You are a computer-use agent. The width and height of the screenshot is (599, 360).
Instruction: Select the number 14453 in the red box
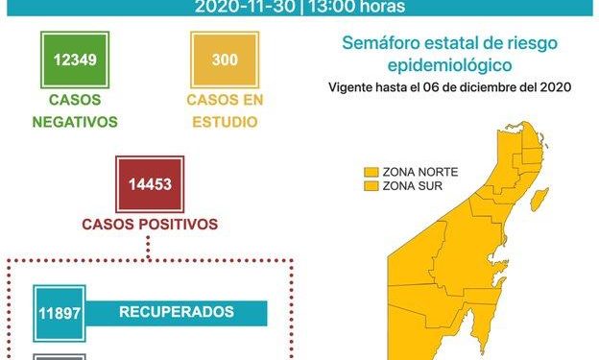click(x=149, y=183)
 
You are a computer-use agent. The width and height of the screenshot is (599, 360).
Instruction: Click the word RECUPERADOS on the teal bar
click(x=177, y=312)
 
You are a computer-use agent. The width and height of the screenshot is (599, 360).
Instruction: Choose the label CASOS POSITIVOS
click(x=149, y=225)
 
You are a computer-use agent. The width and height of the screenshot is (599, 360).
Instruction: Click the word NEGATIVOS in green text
click(x=75, y=122)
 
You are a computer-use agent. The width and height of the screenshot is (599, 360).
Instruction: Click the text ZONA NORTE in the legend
click(x=419, y=171)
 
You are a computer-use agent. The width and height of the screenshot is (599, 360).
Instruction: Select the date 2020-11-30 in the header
click(x=242, y=7)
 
